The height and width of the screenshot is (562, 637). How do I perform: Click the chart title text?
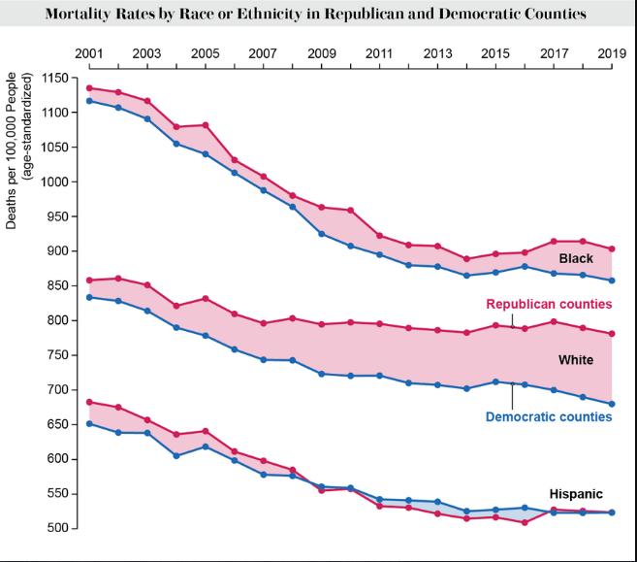tap(315, 15)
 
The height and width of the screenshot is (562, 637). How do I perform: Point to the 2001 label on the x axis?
tap(89, 52)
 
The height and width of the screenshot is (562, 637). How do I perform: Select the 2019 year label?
tap(612, 52)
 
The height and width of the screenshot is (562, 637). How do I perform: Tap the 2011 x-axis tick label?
tap(379, 52)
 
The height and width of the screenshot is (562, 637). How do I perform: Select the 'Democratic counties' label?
tap(549, 416)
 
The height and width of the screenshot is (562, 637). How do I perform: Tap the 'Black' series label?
tap(576, 258)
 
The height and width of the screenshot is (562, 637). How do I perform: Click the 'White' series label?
tap(576, 360)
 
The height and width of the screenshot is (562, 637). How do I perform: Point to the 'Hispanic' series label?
tap(576, 494)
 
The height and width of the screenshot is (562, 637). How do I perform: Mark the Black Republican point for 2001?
tap(89, 88)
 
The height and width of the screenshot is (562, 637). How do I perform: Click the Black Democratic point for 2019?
tap(612, 281)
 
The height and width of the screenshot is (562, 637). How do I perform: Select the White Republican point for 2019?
tap(612, 334)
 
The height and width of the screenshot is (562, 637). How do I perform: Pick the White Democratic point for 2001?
tap(89, 297)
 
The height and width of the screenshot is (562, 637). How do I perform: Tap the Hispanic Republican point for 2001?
tap(89, 402)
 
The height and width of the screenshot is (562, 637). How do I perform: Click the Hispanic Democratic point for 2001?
tap(89, 423)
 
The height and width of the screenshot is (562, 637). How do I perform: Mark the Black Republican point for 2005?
tap(205, 125)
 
